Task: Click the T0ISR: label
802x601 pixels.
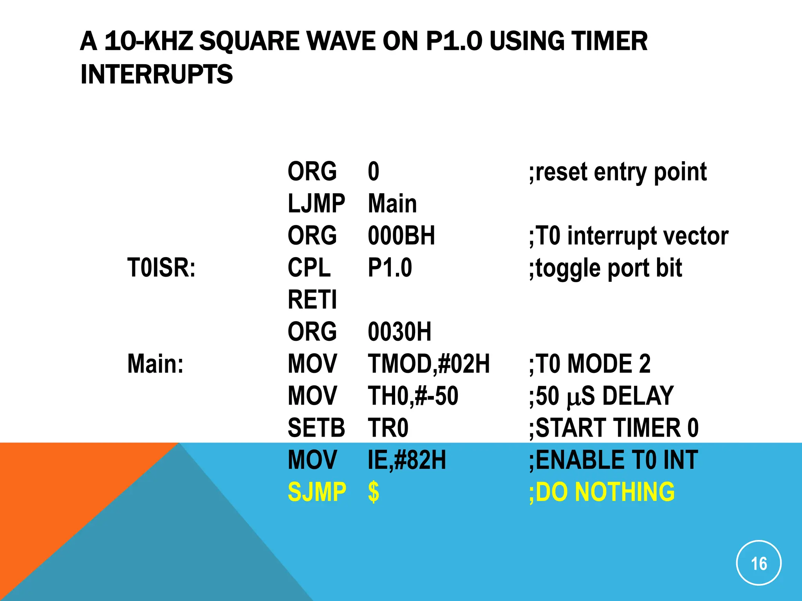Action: (x=161, y=268)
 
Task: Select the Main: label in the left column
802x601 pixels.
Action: (x=155, y=364)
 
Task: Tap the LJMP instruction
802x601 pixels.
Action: (x=316, y=204)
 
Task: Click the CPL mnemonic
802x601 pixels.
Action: (x=309, y=268)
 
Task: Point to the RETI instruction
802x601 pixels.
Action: (x=312, y=300)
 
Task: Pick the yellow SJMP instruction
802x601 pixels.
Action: (x=317, y=492)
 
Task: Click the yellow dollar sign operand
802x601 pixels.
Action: (x=374, y=492)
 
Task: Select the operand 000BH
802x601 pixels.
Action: (x=401, y=236)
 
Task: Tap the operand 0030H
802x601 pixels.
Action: (x=399, y=332)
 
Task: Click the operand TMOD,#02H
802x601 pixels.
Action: (x=428, y=364)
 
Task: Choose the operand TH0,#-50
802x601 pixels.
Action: (x=413, y=396)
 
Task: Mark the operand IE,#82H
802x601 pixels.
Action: (x=406, y=460)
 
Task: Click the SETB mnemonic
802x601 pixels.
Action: (x=316, y=428)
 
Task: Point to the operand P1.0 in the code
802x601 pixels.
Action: (x=390, y=268)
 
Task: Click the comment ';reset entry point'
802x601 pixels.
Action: (x=618, y=172)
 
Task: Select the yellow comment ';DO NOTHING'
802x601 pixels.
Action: (x=601, y=492)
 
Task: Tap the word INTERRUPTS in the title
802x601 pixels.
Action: (x=156, y=74)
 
